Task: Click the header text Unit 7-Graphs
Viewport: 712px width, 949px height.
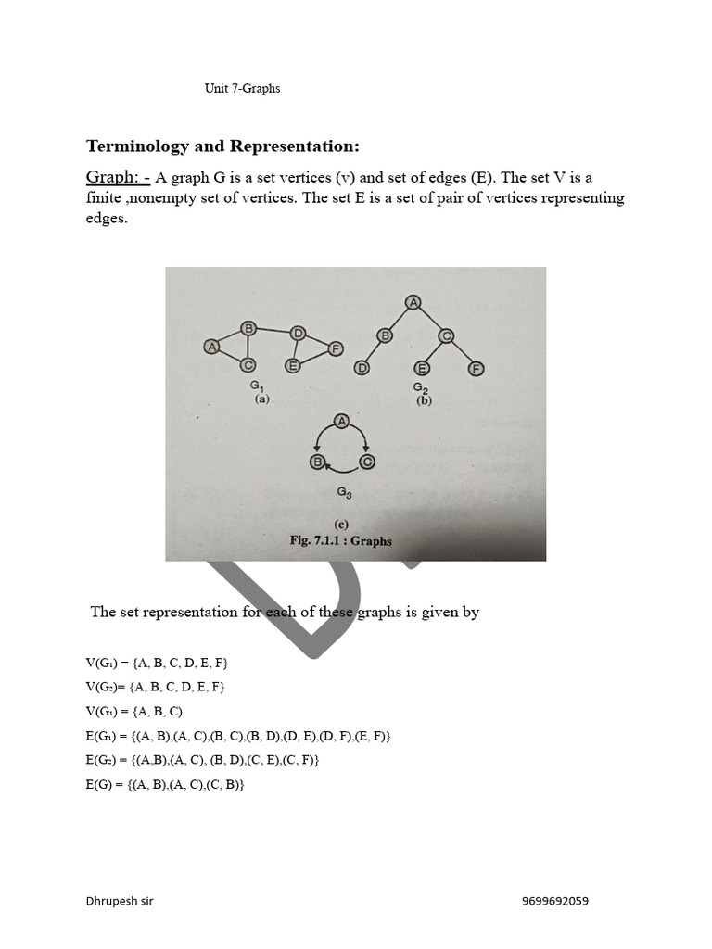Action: pyautogui.click(x=242, y=89)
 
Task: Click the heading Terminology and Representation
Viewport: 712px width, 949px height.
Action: pyautogui.click(x=222, y=146)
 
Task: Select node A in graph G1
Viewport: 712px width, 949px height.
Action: pyautogui.click(x=211, y=347)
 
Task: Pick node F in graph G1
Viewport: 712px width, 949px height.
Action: pyautogui.click(x=335, y=348)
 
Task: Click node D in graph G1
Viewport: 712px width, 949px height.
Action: pyautogui.click(x=298, y=333)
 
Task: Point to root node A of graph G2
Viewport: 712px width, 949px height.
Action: pyautogui.click(x=413, y=301)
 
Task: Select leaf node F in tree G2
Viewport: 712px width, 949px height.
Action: pyautogui.click(x=476, y=368)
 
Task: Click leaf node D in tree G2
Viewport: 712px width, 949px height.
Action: pyautogui.click(x=362, y=368)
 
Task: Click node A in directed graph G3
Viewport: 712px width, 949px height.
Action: pyautogui.click(x=341, y=423)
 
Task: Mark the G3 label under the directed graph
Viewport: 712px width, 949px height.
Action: pyautogui.click(x=343, y=494)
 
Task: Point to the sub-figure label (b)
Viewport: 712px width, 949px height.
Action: pyautogui.click(x=425, y=401)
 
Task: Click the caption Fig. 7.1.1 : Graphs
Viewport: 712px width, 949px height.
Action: pyautogui.click(x=340, y=540)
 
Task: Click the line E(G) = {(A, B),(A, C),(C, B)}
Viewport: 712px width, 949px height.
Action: pyautogui.click(x=165, y=784)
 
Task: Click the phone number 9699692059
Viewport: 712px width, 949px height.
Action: pyautogui.click(x=554, y=901)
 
